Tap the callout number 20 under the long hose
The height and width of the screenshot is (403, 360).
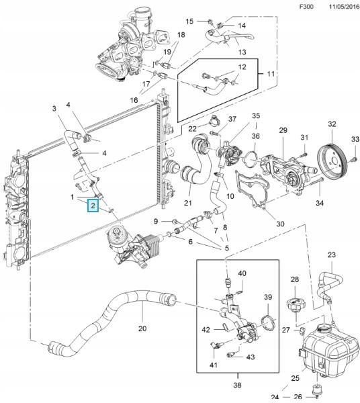142,329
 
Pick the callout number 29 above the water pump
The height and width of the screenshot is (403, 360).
283,130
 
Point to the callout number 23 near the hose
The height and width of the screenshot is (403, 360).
332,255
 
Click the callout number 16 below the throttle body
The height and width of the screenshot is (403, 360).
134,100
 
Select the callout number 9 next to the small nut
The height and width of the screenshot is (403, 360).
156,221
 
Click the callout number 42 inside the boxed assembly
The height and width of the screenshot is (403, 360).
206,329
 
